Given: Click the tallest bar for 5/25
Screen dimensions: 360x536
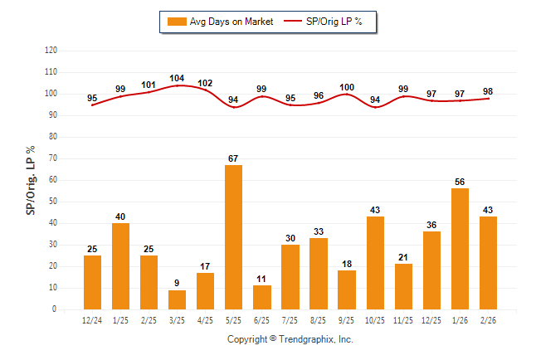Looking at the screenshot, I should (x=234, y=237).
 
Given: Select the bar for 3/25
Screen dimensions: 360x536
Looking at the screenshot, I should (x=178, y=299).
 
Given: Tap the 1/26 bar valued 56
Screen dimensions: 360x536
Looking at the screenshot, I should (x=460, y=249).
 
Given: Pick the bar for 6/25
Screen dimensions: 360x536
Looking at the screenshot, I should (x=262, y=297).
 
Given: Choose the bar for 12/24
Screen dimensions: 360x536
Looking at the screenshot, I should (x=93, y=282).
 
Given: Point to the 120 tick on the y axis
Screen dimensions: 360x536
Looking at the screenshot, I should (x=51, y=51).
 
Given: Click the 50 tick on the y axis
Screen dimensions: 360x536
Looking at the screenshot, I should (x=52, y=202).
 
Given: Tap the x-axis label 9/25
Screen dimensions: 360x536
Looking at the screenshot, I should (x=347, y=320).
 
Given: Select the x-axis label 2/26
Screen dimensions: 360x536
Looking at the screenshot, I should (x=488, y=320).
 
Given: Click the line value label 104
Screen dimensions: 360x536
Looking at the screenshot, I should (x=177, y=78).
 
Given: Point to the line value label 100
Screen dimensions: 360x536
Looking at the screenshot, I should (x=347, y=87).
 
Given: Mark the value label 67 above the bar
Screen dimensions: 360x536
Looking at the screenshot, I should (x=234, y=158).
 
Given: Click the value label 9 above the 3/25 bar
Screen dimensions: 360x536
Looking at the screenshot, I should (x=178, y=283).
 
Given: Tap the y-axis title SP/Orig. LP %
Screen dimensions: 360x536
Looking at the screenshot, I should (x=31, y=180).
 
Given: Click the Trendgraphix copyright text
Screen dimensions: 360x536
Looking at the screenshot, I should (x=290, y=339).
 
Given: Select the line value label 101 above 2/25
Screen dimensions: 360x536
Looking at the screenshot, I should (x=149, y=85).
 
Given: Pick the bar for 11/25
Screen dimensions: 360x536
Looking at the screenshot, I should (x=403, y=286).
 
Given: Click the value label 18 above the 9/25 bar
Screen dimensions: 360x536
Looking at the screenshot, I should (x=347, y=264).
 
